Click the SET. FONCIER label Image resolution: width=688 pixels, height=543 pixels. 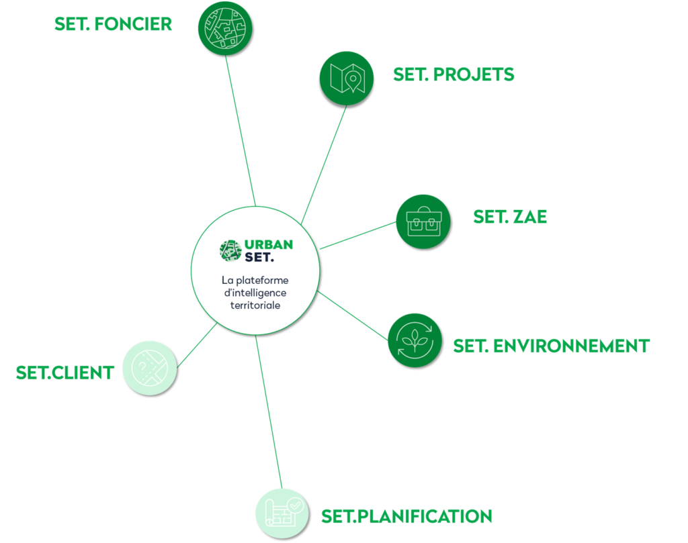[x=113, y=25]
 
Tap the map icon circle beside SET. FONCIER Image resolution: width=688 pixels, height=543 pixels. [x=224, y=27]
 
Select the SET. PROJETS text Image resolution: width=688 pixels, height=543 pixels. [x=454, y=75]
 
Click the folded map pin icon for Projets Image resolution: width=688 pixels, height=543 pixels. [x=346, y=78]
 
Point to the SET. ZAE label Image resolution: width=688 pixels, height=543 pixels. [x=510, y=217]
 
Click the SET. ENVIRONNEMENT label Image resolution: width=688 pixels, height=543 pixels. [x=552, y=346]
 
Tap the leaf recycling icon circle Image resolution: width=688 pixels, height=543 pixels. [x=415, y=340]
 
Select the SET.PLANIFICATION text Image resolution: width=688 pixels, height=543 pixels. [x=406, y=516]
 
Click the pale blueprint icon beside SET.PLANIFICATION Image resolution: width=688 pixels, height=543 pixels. [x=282, y=513]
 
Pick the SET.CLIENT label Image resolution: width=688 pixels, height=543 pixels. [x=65, y=374]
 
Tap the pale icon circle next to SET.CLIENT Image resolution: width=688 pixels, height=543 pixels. [x=149, y=367]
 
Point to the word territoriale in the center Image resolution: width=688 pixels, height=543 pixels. [x=255, y=304]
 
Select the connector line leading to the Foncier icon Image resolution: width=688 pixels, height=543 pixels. [x=241, y=128]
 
